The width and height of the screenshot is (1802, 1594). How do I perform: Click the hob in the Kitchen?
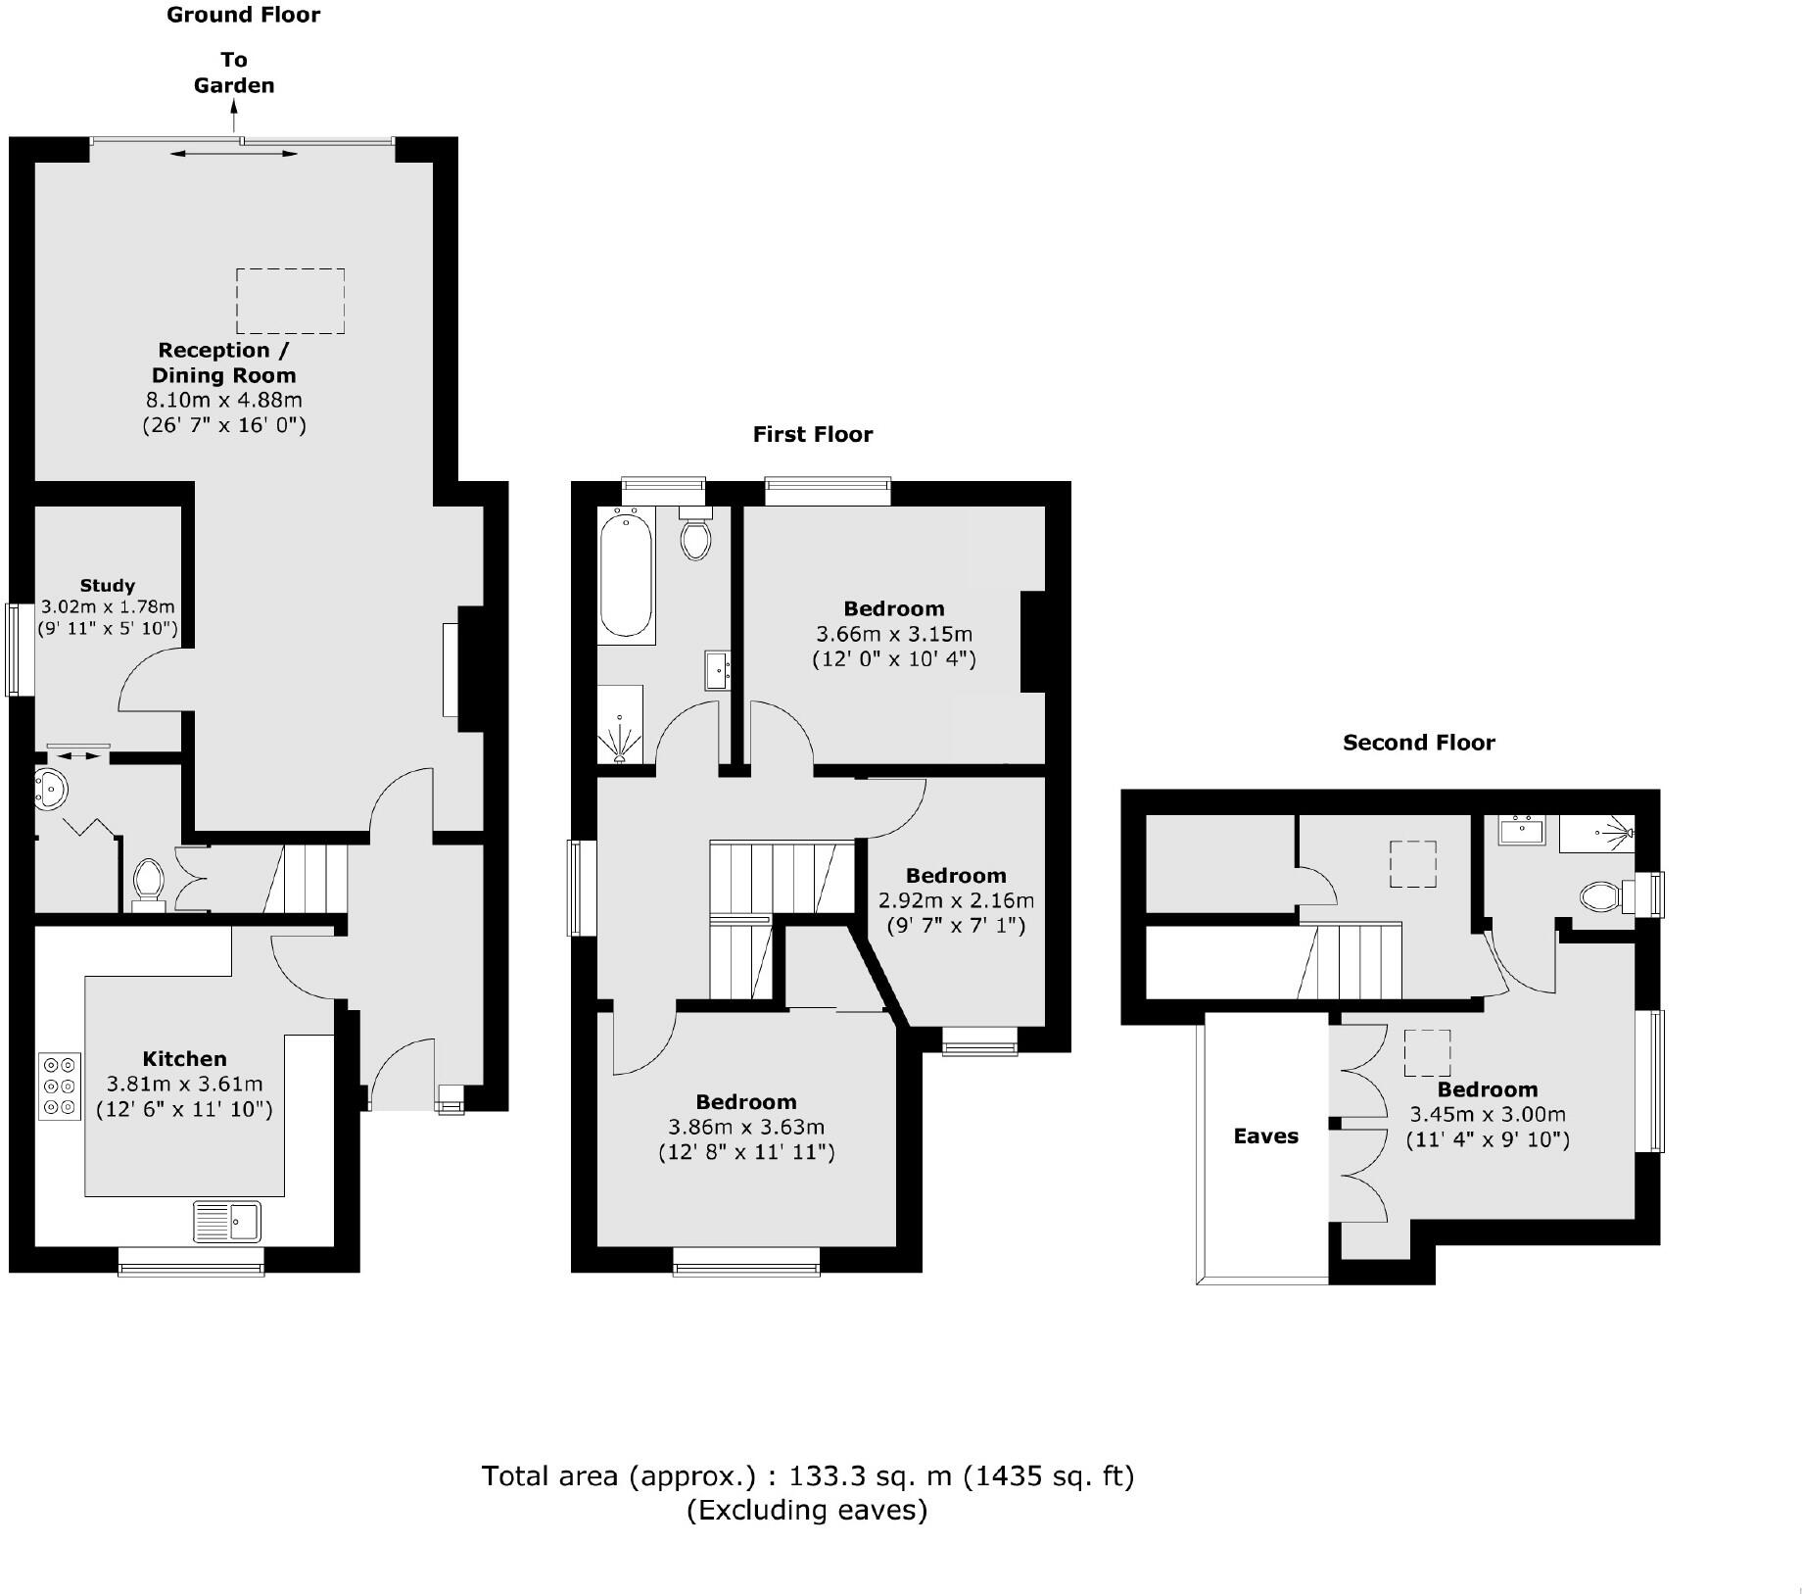[x=60, y=1086]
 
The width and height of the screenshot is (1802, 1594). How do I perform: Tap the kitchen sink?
[x=227, y=1221]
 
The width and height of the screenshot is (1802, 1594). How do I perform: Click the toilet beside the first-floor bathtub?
[x=695, y=534]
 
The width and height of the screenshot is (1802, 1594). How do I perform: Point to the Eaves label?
[x=1265, y=1136]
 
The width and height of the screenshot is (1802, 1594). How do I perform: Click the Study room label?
[x=108, y=586]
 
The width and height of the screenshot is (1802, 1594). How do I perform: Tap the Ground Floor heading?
[x=243, y=15]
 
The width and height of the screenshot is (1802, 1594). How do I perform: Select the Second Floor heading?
[x=1418, y=743]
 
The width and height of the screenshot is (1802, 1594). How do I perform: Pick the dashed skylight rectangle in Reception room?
[x=290, y=301]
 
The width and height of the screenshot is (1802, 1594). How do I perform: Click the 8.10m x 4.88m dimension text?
[x=224, y=400]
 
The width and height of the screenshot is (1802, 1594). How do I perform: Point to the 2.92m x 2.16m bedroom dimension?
[x=955, y=900]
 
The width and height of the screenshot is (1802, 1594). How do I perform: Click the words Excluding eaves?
[x=807, y=1510]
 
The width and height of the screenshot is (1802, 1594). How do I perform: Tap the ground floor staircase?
[x=307, y=879]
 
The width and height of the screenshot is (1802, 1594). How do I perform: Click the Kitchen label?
[x=184, y=1059]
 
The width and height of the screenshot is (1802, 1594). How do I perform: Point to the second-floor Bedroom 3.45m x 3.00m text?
[x=1487, y=1115]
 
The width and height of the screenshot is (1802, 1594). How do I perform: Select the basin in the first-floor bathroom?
[x=716, y=672]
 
